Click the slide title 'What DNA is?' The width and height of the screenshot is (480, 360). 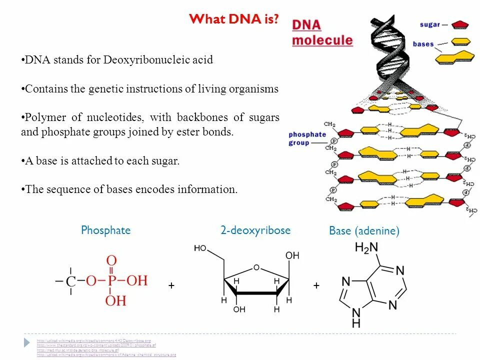point(233,19)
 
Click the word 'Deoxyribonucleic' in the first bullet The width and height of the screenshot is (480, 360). point(151,60)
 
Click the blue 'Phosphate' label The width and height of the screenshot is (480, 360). point(105,230)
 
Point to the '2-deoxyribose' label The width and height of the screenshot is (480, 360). point(255,230)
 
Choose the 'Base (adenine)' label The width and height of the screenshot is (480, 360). point(364,231)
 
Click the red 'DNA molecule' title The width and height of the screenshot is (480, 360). point(322,33)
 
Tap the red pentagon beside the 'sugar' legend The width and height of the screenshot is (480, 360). point(459,24)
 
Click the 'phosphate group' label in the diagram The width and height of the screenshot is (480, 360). point(307,138)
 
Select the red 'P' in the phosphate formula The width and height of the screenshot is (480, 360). point(112,281)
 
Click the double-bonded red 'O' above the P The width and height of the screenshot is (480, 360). point(111,260)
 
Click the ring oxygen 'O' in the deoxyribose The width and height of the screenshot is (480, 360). point(256,267)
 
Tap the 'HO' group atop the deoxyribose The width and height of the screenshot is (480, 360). point(200,248)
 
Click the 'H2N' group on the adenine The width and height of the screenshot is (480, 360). point(366,247)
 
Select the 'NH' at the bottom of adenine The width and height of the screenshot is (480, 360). point(356,318)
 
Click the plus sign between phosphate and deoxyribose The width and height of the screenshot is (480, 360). point(171,285)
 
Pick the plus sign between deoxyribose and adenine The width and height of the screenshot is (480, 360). point(316,285)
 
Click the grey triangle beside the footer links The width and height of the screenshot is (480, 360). point(27,343)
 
